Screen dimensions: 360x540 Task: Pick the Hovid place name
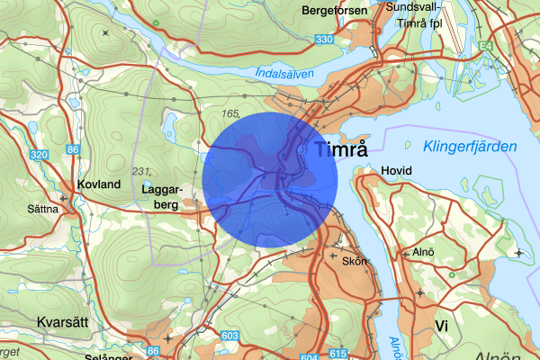[x=396, y=170]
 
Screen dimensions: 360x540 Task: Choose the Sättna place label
[x=42, y=209]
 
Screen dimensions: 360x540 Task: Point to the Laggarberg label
[x=163, y=197]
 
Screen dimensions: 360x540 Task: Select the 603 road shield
[x=230, y=336]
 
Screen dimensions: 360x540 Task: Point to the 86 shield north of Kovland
[x=73, y=149]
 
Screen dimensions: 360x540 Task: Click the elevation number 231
[x=140, y=171]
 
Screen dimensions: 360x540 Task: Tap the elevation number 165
[x=230, y=114]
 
